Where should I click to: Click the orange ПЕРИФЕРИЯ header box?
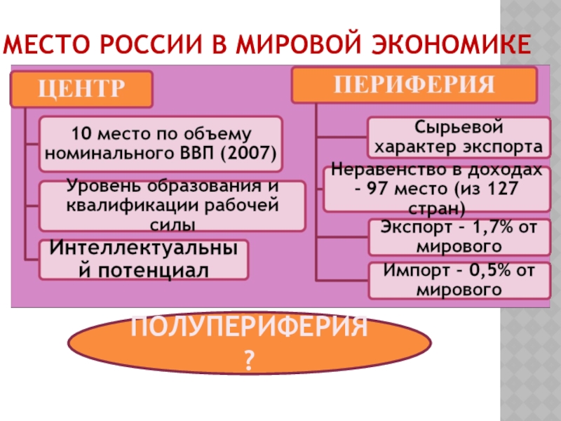point(414,85)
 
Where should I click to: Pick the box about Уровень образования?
point(172,206)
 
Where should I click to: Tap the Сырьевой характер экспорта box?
point(459,138)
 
